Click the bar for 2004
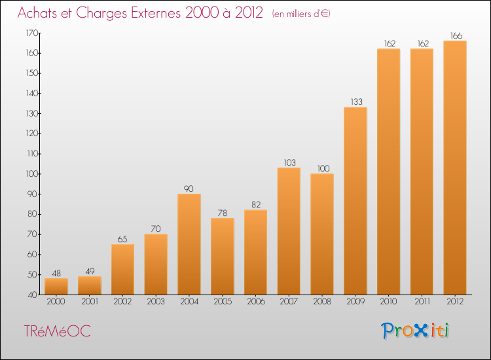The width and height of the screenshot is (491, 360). (189, 244)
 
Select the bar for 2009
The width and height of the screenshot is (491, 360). (355, 201)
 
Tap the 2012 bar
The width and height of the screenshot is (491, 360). (455, 168)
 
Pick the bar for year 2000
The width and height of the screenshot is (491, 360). (56, 287)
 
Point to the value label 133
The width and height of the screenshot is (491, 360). (356, 101)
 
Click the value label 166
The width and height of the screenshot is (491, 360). (456, 36)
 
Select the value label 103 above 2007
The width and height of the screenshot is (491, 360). (289, 162)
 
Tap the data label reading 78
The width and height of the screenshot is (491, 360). (223, 213)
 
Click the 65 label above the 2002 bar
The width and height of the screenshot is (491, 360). (122, 240)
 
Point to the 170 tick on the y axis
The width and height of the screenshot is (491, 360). (32, 33)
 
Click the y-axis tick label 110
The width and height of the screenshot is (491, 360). (32, 154)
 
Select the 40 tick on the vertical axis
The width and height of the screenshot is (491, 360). (33, 295)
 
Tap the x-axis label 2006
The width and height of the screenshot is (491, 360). (256, 302)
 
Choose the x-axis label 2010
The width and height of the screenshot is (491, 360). (389, 302)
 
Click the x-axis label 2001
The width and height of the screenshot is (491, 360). (90, 302)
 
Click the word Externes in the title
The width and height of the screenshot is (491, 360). (156, 13)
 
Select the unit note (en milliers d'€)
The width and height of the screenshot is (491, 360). (301, 14)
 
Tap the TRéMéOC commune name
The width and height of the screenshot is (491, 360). (58, 331)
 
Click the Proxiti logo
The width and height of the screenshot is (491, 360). (415, 331)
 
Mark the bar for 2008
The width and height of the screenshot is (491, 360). (322, 234)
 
